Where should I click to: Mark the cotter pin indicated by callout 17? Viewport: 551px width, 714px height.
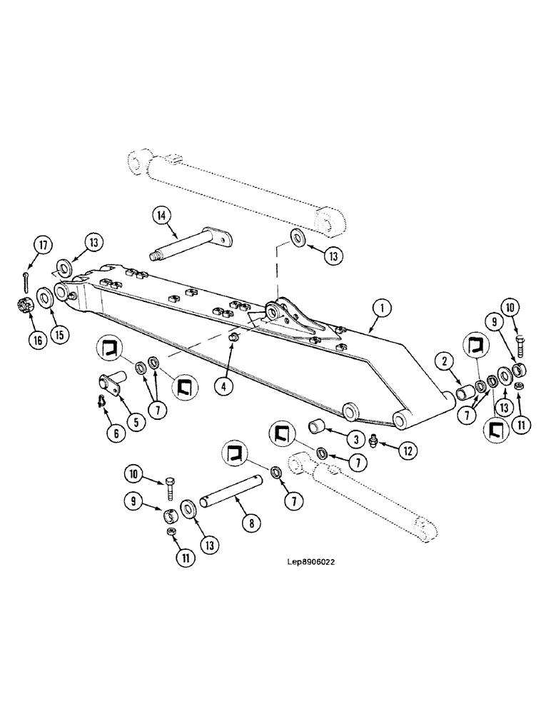click(x=25, y=274)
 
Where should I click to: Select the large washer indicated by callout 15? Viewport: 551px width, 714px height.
click(x=41, y=295)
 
